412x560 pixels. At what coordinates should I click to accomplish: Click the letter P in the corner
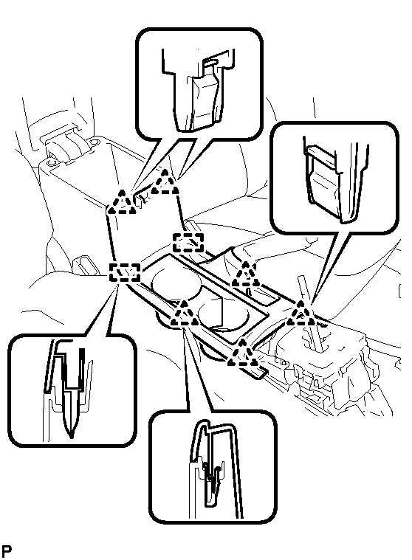(6, 550)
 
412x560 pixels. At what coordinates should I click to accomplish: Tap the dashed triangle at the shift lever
(301, 314)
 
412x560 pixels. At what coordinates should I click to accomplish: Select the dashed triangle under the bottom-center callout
(185, 314)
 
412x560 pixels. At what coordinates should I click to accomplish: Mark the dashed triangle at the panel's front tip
(243, 353)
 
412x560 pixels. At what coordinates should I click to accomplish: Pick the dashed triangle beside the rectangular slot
(246, 274)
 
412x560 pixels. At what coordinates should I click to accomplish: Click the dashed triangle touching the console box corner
(122, 201)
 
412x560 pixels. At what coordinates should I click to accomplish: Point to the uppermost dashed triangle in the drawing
(165, 182)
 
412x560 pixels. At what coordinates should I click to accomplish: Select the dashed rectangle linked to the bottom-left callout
(124, 272)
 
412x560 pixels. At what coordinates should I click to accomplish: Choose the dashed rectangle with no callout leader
(188, 243)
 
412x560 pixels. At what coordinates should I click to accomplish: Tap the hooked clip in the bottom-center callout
(212, 482)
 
